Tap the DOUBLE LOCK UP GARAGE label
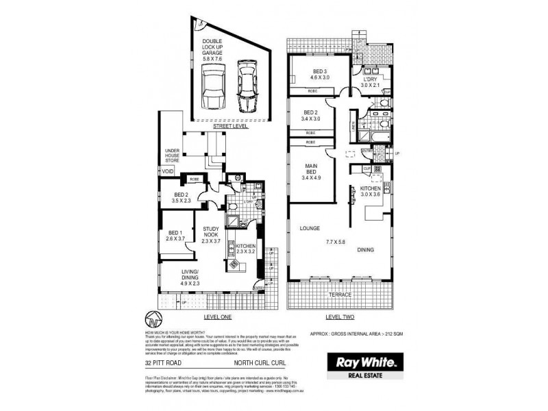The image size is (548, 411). (x=212, y=50)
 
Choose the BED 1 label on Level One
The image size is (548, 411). (x=176, y=234)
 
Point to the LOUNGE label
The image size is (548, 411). (x=310, y=227)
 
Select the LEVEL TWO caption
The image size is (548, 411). (x=340, y=317)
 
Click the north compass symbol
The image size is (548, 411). (x=155, y=320)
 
